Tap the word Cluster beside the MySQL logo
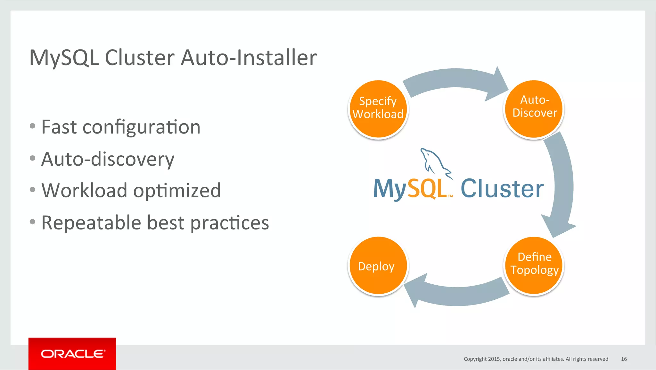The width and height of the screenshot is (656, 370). point(502,189)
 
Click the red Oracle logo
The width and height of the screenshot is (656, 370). point(72,354)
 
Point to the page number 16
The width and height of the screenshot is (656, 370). point(624,359)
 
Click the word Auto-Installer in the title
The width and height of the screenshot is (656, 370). point(249,58)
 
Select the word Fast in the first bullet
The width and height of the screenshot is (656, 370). point(59,127)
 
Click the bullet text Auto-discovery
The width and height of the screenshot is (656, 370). point(108,159)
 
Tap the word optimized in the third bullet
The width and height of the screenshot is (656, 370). point(177,191)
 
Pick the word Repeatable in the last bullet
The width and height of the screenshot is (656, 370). point(91,223)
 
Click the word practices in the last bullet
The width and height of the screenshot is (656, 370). point(229,223)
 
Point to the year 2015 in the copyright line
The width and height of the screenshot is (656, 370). point(494,359)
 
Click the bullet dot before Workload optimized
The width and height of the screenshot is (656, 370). point(32,190)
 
